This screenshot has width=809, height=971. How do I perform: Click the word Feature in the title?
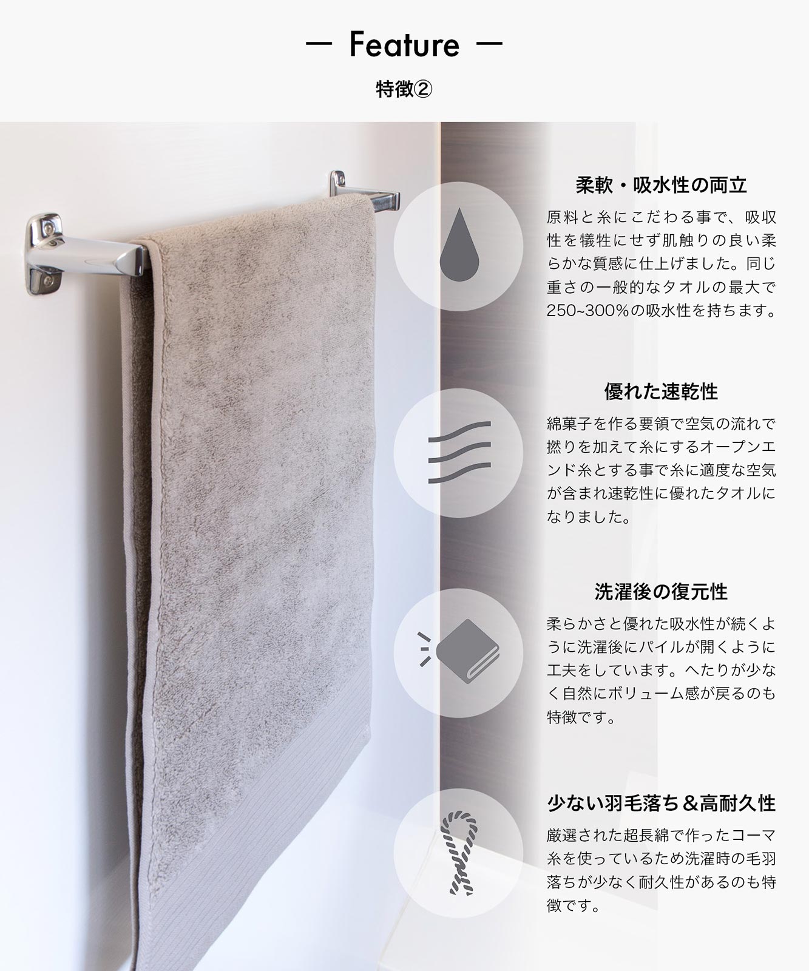tap(404, 44)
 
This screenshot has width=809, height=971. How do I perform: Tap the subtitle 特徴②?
tap(404, 90)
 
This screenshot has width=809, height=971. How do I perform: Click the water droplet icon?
tap(459, 245)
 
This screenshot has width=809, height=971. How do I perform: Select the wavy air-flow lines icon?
tap(459, 452)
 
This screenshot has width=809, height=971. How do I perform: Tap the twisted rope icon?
tap(459, 852)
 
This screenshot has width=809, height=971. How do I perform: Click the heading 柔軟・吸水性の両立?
tap(661, 184)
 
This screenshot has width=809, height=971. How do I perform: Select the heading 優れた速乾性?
tap(661, 391)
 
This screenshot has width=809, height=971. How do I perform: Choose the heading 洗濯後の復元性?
tap(661, 592)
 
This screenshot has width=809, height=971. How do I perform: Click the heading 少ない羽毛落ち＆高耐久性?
tap(661, 804)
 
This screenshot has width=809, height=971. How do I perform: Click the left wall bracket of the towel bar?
tap(44, 253)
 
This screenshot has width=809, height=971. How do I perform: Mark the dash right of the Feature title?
tap(489, 45)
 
